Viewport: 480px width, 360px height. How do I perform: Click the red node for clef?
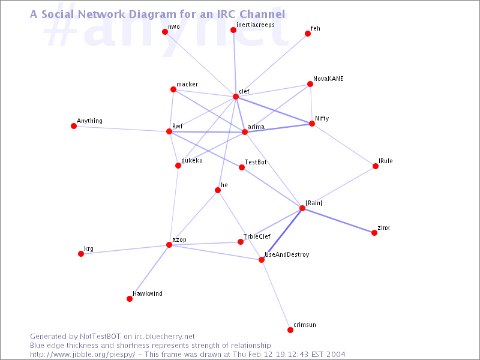tap(236, 97)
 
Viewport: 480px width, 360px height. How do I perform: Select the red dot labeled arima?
tap(245, 132)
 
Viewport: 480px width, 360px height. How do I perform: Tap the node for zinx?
tap(374, 233)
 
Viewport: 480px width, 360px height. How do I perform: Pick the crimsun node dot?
tap(290, 329)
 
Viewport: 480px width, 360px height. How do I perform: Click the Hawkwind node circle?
tap(130, 299)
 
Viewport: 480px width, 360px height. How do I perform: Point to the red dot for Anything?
tap(74, 126)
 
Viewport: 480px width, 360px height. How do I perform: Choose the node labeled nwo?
tap(165, 32)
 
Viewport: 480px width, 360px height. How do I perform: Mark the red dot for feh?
tap(308, 34)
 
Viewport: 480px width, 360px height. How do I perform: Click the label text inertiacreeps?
tap(256, 25)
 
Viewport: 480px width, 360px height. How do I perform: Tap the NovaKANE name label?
tap(328, 79)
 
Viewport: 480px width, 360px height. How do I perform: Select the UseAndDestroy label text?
tap(287, 254)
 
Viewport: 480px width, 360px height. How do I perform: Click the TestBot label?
tap(256, 162)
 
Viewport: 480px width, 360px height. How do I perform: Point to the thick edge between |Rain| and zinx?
tap(338, 221)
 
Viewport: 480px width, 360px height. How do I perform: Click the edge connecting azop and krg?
tap(125, 249)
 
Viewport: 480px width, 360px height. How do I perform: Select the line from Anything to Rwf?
tap(121, 128)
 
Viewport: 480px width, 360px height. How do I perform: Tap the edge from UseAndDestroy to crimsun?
tap(276, 295)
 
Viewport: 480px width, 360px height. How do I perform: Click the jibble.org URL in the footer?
tap(82, 355)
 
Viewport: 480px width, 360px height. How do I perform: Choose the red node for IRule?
tap(376, 166)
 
